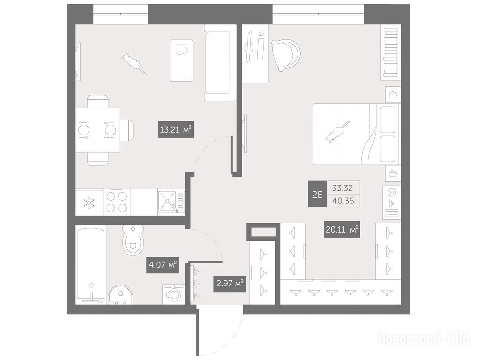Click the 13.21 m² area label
[x=176, y=130]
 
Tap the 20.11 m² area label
[x=342, y=229]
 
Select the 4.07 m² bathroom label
[x=163, y=265]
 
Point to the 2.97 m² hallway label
[x=230, y=284]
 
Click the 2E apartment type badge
[x=317, y=194]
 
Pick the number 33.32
[x=343, y=188]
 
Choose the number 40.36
[x=343, y=201]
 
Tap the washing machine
[x=173, y=294]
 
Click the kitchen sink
[x=171, y=202]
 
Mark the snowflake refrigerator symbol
[x=89, y=203]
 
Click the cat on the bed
[x=337, y=132]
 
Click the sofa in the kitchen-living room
[x=220, y=63]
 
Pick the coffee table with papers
[x=181, y=60]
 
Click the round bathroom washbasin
[x=121, y=294]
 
